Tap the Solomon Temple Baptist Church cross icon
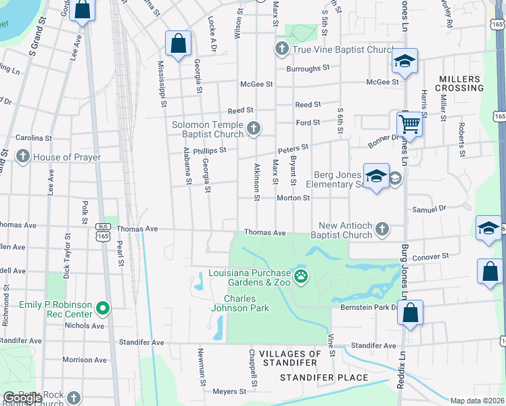tap(254, 129)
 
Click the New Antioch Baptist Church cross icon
tap(382, 229)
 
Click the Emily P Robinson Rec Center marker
tap(103, 309)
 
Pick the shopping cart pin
tap(409, 124)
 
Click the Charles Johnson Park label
tap(247, 303)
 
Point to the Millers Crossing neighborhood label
tap(461, 83)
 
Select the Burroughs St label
tap(307, 68)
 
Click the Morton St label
tap(293, 198)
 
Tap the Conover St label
tap(431, 256)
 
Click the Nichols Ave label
tap(85, 325)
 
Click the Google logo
tap(22, 398)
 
